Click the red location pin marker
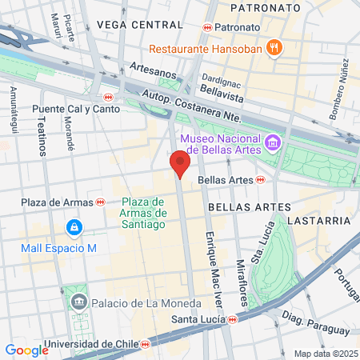(180, 163)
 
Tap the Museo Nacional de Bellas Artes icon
(274, 142)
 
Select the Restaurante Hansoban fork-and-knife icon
(274, 47)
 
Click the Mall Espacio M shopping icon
(74, 228)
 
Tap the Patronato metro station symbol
(207, 26)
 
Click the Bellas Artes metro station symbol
(261, 180)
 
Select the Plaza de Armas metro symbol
(100, 202)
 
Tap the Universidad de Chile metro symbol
(145, 345)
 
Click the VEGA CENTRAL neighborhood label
(130, 25)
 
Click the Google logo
(26, 350)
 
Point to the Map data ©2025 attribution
(324, 354)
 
